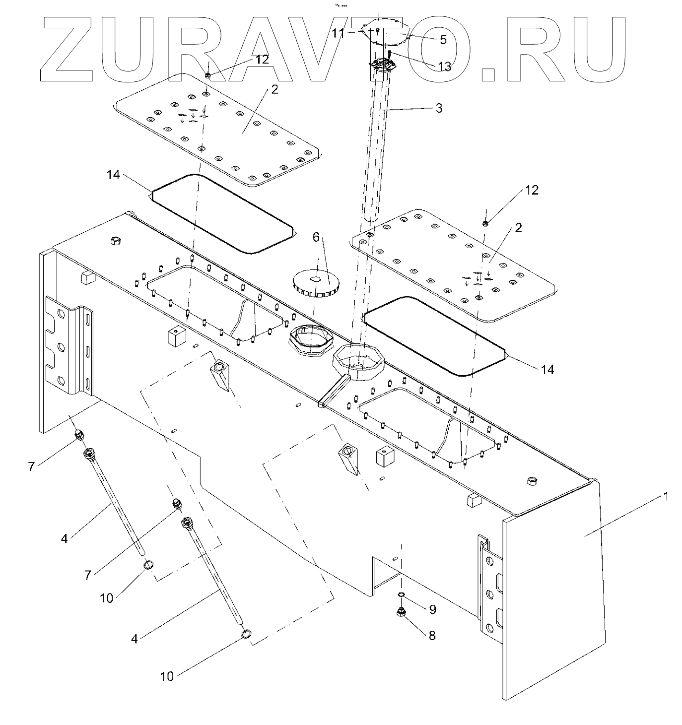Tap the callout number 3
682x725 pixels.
coord(439,108)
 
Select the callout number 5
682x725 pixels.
coord(443,39)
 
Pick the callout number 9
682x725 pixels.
coord(432,609)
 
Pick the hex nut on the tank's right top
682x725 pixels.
coord(531,480)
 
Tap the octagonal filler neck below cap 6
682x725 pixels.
coord(308,342)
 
